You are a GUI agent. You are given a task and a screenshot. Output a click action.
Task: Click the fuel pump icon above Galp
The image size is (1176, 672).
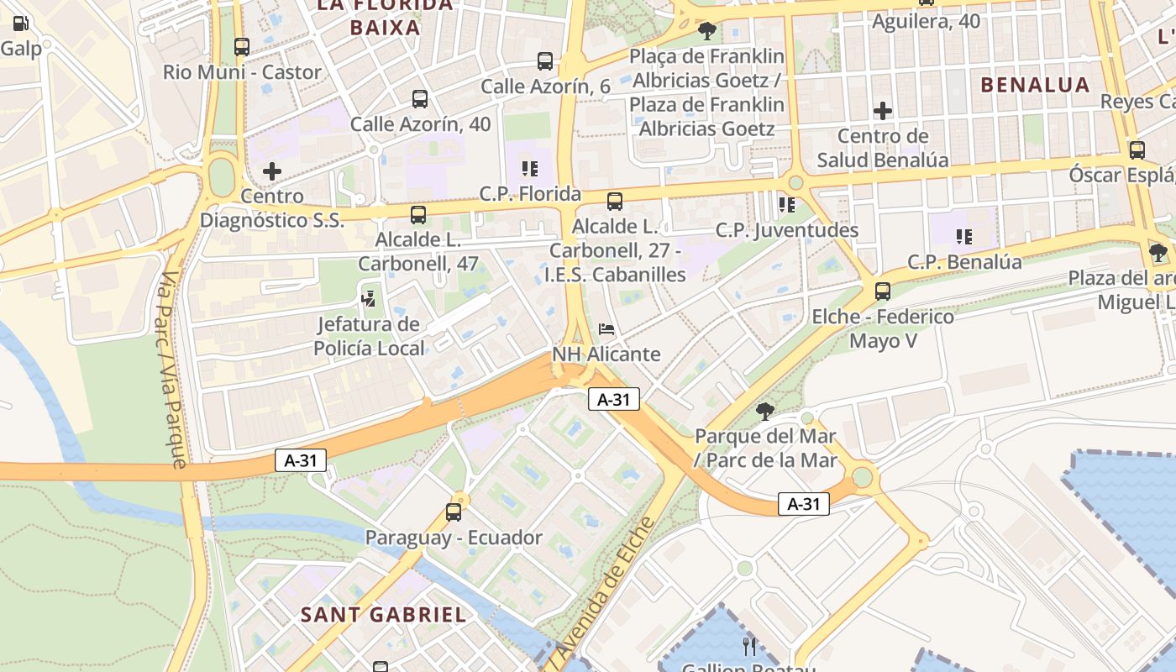(21, 24)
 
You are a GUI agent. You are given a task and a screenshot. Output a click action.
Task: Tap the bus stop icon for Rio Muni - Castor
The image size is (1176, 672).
(242, 47)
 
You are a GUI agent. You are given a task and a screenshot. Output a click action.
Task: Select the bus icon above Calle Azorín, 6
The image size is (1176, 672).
(545, 61)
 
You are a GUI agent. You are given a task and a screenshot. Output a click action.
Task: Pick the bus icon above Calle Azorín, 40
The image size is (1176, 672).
(420, 99)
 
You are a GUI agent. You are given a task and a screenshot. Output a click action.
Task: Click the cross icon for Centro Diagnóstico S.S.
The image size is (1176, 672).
(272, 171)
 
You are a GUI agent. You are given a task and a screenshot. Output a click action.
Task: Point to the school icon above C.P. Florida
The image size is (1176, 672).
(529, 169)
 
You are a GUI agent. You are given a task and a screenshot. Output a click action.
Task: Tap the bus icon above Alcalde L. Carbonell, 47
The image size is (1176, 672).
(418, 215)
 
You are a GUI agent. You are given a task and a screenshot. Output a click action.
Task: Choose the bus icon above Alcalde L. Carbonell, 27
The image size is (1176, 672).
(615, 202)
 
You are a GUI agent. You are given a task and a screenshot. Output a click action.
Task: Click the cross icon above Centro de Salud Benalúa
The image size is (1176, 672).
(883, 111)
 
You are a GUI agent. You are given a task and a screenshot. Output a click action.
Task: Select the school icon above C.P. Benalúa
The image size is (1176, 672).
(963, 237)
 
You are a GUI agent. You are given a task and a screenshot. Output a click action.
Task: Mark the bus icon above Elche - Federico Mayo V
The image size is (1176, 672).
(883, 291)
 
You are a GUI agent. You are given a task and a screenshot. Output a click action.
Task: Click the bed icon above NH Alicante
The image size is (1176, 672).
(606, 328)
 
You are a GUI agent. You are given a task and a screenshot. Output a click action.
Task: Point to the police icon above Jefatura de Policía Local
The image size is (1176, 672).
(368, 298)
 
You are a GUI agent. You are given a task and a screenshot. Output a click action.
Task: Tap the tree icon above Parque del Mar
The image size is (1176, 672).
(764, 411)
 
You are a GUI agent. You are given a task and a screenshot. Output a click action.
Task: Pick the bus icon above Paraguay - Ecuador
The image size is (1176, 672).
(454, 512)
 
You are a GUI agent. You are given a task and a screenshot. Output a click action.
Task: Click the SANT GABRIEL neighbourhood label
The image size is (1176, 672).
(383, 615)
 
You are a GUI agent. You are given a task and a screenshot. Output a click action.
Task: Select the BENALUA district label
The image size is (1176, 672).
(1035, 85)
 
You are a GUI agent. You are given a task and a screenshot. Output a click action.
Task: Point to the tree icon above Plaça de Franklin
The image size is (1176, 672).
(706, 31)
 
